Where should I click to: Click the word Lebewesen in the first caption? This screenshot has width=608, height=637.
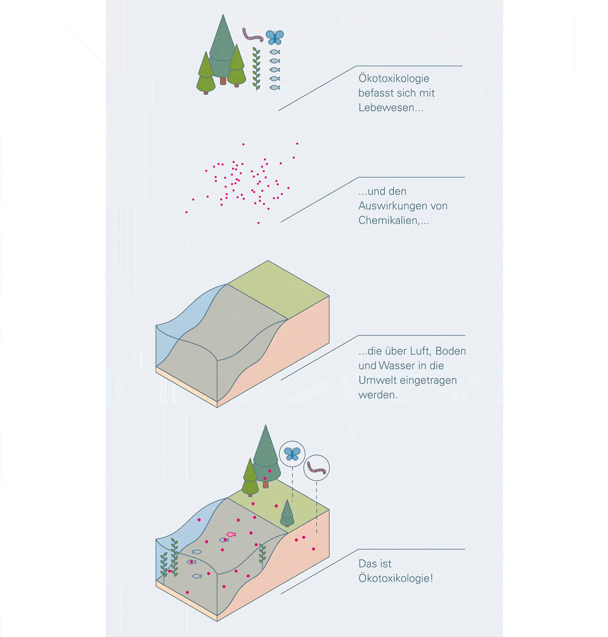pyautogui.click(x=390, y=108)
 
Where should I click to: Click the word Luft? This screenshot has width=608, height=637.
pyautogui.click(x=420, y=351)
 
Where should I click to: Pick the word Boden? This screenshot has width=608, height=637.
pyautogui.click(x=450, y=351)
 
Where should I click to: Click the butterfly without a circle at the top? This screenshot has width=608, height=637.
pyautogui.click(x=275, y=36)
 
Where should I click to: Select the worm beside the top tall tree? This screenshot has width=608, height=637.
pyautogui.click(x=252, y=35)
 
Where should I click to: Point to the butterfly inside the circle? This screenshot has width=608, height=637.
pyautogui.click(x=292, y=453)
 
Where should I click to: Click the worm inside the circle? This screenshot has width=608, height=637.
pyautogui.click(x=317, y=468)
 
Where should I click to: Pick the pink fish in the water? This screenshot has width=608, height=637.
pyautogui.click(x=231, y=534)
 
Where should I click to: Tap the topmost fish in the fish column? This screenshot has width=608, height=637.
pyautogui.click(x=275, y=52)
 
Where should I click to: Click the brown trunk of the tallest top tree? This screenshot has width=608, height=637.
pyautogui.click(x=223, y=81)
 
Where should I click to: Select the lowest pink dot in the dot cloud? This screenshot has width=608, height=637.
pyautogui.click(x=258, y=223)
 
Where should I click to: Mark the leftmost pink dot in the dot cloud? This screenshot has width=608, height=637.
pyautogui.click(x=186, y=212)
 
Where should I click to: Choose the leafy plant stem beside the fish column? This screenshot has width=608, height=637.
pyautogui.click(x=256, y=69)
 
